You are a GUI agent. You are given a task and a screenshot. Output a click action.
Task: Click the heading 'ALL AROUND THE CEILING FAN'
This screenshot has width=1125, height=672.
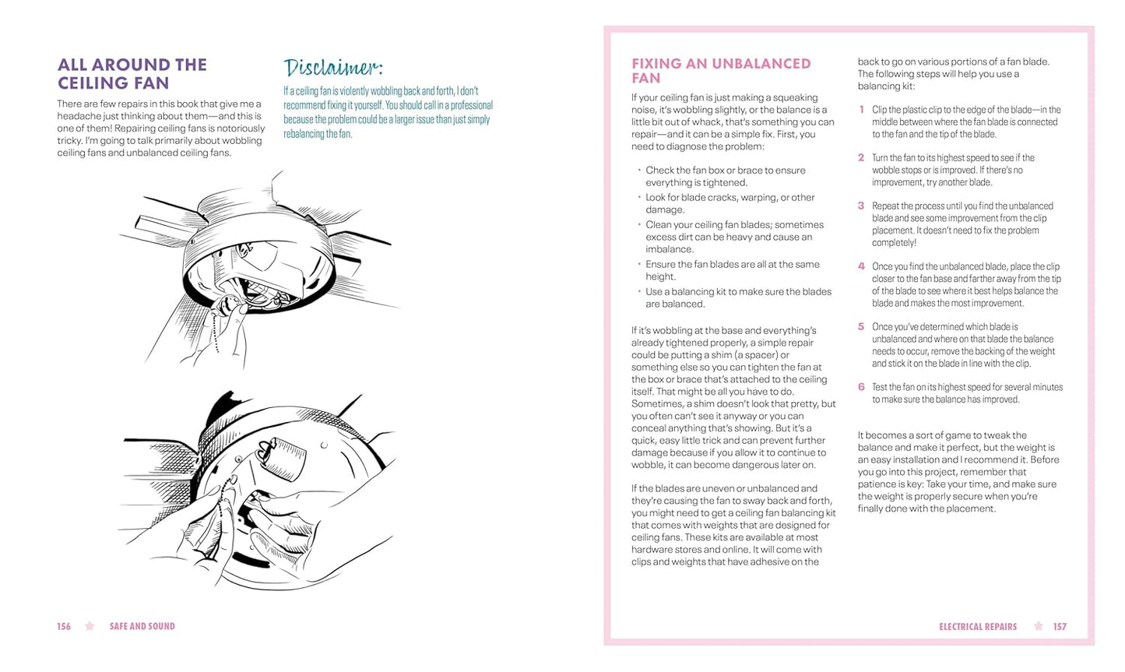pyautogui.click(x=132, y=74)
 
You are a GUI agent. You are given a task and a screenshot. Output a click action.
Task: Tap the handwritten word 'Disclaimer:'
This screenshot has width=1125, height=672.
pyautogui.click(x=333, y=69)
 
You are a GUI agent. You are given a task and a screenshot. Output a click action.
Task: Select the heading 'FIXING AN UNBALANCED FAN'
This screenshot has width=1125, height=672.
pyautogui.click(x=721, y=71)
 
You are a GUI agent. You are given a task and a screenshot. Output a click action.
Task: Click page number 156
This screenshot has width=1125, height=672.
pyautogui.click(x=64, y=627)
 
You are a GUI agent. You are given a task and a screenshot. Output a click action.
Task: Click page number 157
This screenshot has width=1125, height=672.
pyautogui.click(x=1060, y=627)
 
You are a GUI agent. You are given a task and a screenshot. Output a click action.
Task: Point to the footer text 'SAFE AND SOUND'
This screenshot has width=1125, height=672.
pyautogui.click(x=142, y=627)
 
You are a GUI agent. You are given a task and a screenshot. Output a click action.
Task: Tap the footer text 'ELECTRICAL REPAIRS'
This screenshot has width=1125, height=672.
pyautogui.click(x=978, y=627)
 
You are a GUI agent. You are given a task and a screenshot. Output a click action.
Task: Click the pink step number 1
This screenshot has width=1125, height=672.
pyautogui.click(x=861, y=110)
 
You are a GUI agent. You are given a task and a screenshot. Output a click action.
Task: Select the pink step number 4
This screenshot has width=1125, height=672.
pyautogui.click(x=861, y=266)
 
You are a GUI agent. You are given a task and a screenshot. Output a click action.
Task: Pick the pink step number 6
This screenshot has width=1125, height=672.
pyautogui.click(x=861, y=387)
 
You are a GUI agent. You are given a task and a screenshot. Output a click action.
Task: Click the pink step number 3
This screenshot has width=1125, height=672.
pyautogui.click(x=861, y=206)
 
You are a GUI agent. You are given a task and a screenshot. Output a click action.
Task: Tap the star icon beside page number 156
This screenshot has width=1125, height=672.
pyautogui.click(x=90, y=626)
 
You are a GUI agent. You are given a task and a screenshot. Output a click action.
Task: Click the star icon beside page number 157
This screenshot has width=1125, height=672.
pyautogui.click(x=1038, y=626)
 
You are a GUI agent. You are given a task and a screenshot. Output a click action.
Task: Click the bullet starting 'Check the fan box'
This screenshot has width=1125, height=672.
pyautogui.click(x=725, y=176)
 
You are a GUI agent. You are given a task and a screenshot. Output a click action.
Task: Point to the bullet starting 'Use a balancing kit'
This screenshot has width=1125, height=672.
pyautogui.click(x=737, y=297)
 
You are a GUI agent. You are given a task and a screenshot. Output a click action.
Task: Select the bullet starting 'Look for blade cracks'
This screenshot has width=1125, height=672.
pyautogui.click(x=729, y=203)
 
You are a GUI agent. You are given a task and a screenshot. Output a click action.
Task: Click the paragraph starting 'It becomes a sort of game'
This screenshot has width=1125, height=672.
pyautogui.click(x=958, y=472)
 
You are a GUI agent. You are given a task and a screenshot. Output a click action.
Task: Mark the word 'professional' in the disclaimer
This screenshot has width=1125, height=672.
pyautogui.click(x=469, y=105)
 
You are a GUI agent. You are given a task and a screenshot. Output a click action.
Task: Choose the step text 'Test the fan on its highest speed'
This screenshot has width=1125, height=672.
pyautogui.click(x=967, y=393)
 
